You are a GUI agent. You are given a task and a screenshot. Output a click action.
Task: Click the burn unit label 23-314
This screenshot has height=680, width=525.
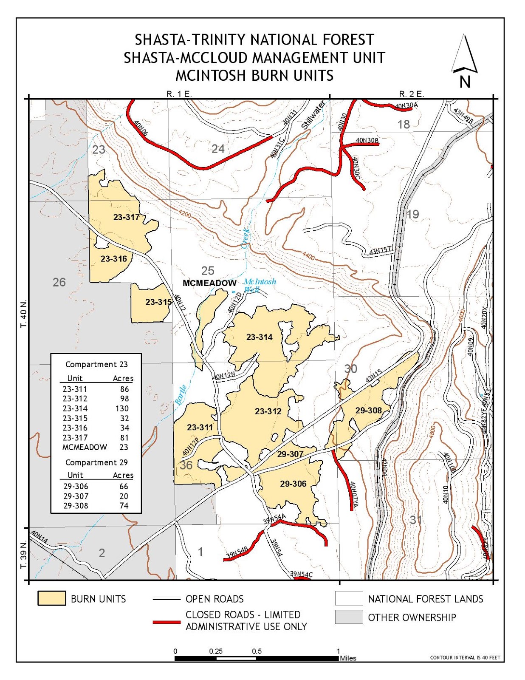[x=259, y=337]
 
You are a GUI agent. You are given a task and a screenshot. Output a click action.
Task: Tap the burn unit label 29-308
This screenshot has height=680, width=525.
[x=368, y=410]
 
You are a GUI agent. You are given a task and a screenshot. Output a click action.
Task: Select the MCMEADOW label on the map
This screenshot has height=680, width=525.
[x=209, y=283]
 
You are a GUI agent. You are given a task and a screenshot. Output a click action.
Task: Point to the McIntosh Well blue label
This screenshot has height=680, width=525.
[x=259, y=285]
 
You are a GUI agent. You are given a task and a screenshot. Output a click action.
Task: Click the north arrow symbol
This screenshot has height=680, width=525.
[x=465, y=55]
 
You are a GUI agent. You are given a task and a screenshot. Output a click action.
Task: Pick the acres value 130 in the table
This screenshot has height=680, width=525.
[x=121, y=408]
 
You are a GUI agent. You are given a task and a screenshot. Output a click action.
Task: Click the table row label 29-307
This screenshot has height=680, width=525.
[x=76, y=496]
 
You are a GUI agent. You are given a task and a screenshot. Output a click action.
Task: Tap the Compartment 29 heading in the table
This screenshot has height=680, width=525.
[x=96, y=462]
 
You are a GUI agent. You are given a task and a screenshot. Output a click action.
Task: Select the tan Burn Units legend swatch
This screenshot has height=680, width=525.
[x=51, y=598]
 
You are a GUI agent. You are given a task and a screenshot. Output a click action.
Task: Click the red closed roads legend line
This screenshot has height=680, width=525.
[x=167, y=622]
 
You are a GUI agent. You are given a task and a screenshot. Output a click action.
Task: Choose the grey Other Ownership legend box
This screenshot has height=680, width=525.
[x=348, y=617]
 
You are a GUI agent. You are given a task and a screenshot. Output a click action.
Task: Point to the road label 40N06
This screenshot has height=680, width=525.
[x=141, y=128]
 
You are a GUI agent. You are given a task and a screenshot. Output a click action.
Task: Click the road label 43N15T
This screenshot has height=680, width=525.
[x=379, y=251]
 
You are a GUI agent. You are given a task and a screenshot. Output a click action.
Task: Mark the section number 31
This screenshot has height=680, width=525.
[x=415, y=519]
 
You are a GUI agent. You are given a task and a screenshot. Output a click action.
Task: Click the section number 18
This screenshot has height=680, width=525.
[x=404, y=124]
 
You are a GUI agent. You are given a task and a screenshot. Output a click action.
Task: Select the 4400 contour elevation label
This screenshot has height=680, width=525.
[x=309, y=256]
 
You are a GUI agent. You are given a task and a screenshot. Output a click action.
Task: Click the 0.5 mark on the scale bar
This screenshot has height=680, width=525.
[x=257, y=651]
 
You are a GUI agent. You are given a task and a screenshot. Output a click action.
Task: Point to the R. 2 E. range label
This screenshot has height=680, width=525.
[x=411, y=94]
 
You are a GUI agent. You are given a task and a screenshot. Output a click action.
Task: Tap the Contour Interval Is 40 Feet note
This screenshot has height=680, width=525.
[x=465, y=657]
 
